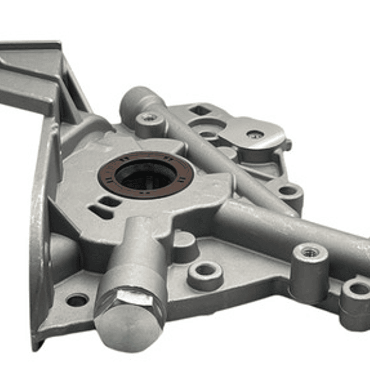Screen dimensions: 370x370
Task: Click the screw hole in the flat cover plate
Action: [255, 135]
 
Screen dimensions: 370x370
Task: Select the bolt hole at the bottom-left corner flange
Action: [77, 299]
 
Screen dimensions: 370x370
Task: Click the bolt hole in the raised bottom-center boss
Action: [206, 270]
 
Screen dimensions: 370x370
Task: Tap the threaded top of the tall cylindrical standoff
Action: [310, 252]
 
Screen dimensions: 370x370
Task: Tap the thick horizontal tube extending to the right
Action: [288, 226]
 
